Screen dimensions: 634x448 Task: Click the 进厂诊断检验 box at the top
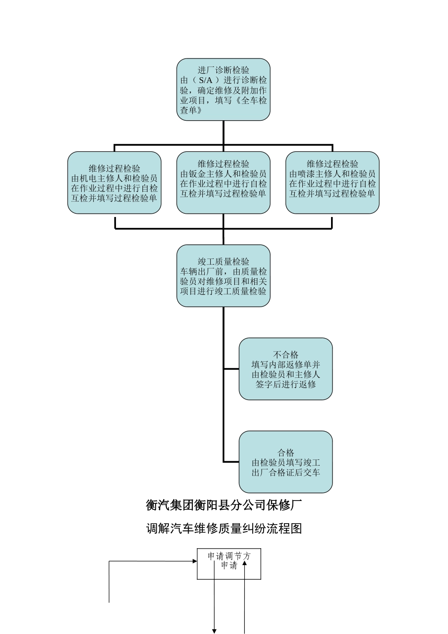click(x=223, y=90)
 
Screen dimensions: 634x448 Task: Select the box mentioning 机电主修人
click(x=114, y=183)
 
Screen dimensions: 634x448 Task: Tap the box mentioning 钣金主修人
click(x=223, y=183)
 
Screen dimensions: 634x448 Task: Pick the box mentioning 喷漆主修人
click(x=332, y=183)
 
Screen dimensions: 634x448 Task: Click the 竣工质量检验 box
click(x=223, y=275)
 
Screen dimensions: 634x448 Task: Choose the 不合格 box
click(x=285, y=369)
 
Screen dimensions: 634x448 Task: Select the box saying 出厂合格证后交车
click(x=285, y=462)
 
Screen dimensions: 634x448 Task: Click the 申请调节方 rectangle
click(x=229, y=564)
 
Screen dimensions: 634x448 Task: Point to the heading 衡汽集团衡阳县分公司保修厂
click(x=224, y=505)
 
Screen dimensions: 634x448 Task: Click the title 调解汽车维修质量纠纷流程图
click(x=224, y=528)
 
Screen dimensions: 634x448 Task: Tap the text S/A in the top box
click(x=206, y=80)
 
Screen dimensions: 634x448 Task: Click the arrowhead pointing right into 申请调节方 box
click(x=194, y=561)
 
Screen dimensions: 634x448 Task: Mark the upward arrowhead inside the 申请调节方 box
click(x=244, y=563)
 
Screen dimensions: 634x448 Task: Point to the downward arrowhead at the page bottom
click(x=214, y=631)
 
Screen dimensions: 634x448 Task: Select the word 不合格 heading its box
click(x=286, y=355)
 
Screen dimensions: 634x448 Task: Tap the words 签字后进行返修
click(x=286, y=384)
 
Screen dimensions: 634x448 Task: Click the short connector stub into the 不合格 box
click(x=231, y=369)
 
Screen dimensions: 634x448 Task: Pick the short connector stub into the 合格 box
click(x=231, y=462)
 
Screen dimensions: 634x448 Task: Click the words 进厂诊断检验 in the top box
click(x=224, y=70)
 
